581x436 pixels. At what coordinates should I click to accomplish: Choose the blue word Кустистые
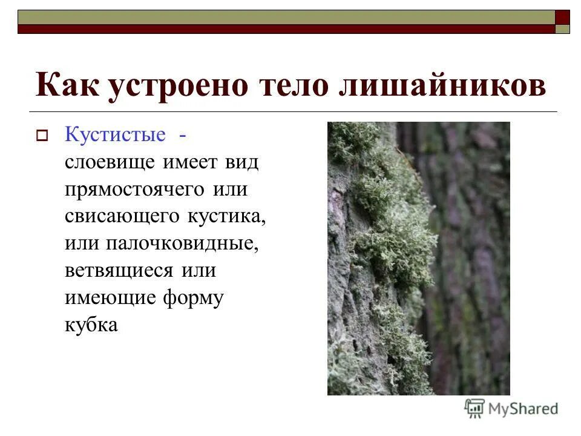point(115,134)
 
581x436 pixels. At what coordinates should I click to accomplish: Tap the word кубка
point(91,325)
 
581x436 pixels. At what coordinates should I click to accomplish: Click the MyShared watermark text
point(523,408)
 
